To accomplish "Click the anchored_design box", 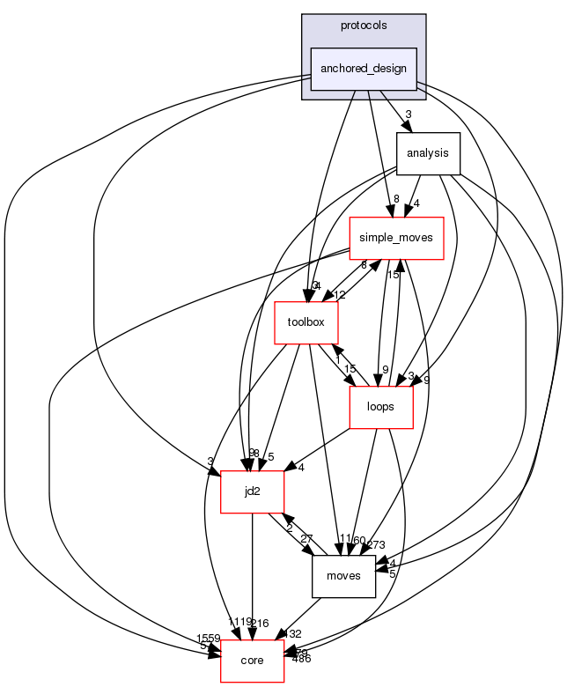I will (x=363, y=69).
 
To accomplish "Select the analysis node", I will (x=428, y=153).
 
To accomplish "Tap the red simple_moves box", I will (x=396, y=238).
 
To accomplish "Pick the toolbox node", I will (x=306, y=322).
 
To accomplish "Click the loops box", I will (x=381, y=407).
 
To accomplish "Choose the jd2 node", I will (x=252, y=491).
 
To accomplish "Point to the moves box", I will (x=344, y=576).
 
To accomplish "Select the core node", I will (x=252, y=661).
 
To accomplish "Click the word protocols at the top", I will (x=363, y=26).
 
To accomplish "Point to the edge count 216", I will (x=258, y=623).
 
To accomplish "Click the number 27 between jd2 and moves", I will (x=307, y=539).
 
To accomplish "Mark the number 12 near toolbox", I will (x=339, y=294).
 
